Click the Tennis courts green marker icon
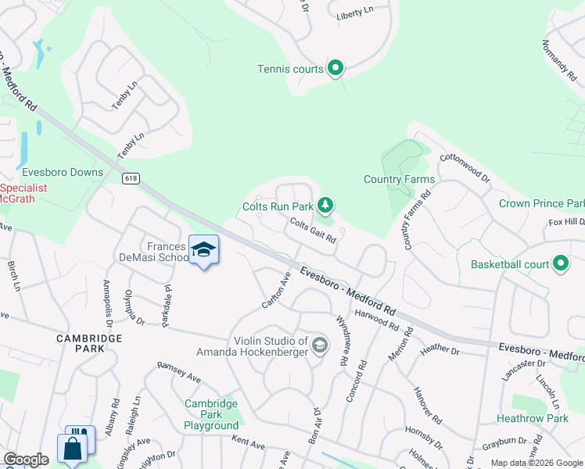[336, 69]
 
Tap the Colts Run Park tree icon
[325, 206]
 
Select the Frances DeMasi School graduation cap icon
[203, 249]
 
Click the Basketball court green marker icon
[560, 264]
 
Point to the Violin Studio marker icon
[319, 345]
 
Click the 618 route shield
[131, 178]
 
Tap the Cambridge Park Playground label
[210, 414]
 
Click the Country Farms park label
[400, 179]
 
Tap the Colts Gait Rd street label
[313, 231]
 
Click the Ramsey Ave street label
[179, 372]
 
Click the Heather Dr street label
[439, 351]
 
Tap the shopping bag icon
[72, 449]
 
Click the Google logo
[26, 460]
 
